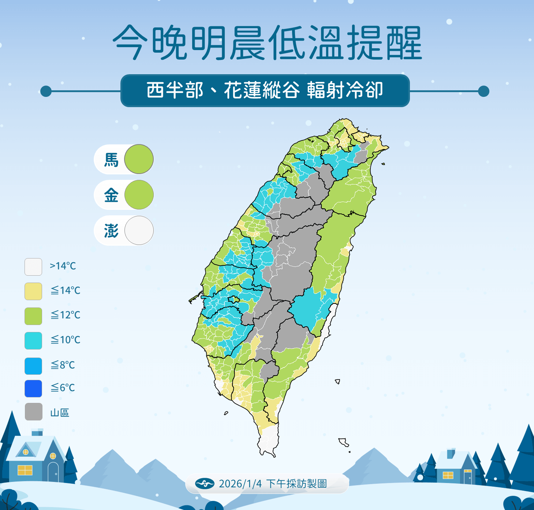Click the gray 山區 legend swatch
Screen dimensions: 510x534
coord(33,412)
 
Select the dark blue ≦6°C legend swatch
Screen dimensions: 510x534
coord(33,388)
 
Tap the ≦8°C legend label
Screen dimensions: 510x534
coord(63,365)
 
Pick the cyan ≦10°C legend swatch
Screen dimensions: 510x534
coord(33,340)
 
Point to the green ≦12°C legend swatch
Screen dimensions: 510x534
coord(33,316)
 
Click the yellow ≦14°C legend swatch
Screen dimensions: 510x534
coord(33,291)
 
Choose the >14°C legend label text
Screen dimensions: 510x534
coord(63,266)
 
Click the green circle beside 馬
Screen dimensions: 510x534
coord(139,159)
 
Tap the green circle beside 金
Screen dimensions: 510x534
coord(139,194)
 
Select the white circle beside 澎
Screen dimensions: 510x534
coord(139,230)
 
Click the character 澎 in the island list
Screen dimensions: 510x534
coord(111,231)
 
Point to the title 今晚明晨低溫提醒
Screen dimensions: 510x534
coord(267,43)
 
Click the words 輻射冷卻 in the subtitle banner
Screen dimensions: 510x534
coord(345,90)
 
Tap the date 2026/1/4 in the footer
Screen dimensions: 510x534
coord(240,484)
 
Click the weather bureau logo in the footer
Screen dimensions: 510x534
coord(205,483)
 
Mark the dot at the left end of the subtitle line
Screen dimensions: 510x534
coord(46,91)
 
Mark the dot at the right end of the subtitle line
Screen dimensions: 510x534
coord(483,91)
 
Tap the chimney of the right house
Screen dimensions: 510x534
coord(451,453)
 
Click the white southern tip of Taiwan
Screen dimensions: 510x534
coord(268,441)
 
